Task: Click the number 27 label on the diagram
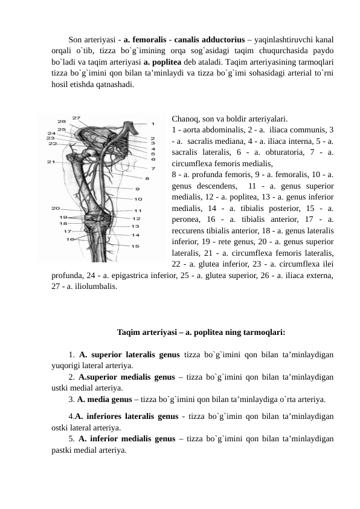point(77,117)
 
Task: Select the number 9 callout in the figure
point(137,189)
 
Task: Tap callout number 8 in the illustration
point(147,178)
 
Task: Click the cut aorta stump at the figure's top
point(129,126)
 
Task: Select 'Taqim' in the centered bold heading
point(128,332)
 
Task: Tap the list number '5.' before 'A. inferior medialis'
point(72,439)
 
